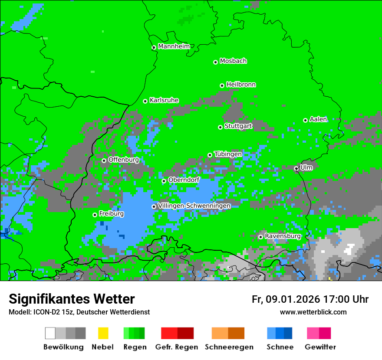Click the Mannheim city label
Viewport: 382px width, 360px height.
(174, 46)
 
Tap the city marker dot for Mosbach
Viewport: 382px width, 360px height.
(215, 62)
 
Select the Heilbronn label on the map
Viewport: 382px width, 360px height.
(241, 85)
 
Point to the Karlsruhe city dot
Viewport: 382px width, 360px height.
(145, 101)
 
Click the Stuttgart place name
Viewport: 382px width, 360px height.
(238, 126)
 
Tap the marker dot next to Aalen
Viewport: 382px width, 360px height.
(305, 120)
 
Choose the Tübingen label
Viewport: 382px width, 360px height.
(228, 154)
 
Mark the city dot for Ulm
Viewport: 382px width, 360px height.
(296, 169)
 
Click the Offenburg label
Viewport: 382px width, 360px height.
(123, 160)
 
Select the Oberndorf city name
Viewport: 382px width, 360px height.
(184, 180)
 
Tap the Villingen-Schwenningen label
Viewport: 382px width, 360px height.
(194, 206)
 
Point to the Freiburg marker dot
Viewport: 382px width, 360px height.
(95, 215)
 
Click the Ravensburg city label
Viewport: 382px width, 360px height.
(283, 236)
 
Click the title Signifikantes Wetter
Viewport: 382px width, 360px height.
(72, 299)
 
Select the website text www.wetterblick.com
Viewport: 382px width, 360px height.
(313, 312)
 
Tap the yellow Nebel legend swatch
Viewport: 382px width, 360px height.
(103, 333)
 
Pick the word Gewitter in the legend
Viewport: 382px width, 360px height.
(320, 347)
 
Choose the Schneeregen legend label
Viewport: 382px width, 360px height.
(229, 347)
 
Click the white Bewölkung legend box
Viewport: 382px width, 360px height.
(50, 333)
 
